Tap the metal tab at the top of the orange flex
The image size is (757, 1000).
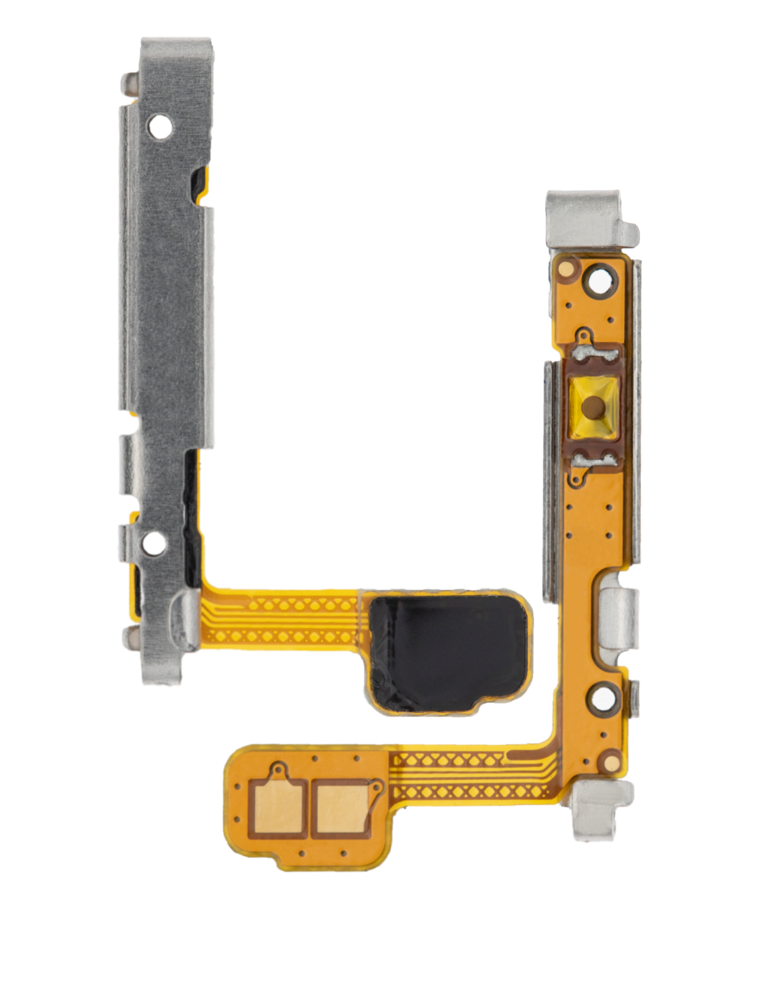click(x=586, y=219)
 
